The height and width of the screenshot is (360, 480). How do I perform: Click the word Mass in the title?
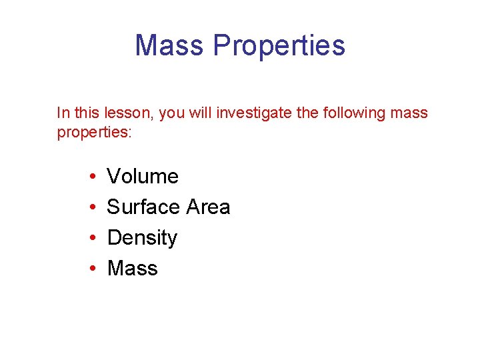pyautogui.click(x=170, y=45)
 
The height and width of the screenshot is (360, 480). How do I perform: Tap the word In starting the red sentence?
pyautogui.click(x=63, y=113)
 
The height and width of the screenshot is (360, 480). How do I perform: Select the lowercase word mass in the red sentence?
pyautogui.click(x=409, y=113)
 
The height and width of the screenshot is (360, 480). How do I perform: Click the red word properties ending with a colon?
pyautogui.click(x=95, y=132)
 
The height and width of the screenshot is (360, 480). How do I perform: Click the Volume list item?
pyautogui.click(x=143, y=177)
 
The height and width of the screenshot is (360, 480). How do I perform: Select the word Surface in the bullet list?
pyautogui.click(x=144, y=207)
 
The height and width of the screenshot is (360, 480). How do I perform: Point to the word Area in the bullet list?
pyautogui.click(x=208, y=207)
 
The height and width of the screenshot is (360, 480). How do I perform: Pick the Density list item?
pyautogui.click(x=142, y=238)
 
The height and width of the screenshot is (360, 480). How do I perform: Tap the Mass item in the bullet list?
pyautogui.click(x=132, y=269)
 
